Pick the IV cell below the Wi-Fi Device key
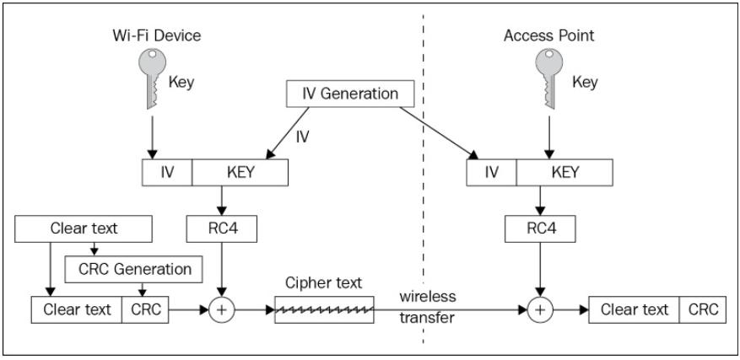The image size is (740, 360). click(168, 173)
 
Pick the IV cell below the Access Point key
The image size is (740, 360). click(491, 173)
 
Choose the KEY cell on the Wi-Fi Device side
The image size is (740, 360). click(240, 173)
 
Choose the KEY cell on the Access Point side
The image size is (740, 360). click(564, 173)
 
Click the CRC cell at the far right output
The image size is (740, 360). click(702, 309)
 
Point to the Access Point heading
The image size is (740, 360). click(548, 37)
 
